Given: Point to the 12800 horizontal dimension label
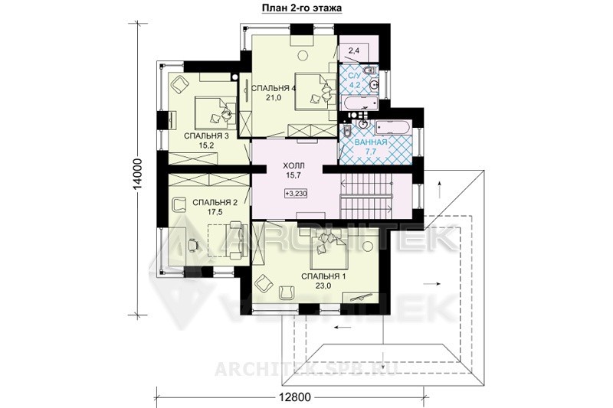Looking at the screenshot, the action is [x=295, y=398].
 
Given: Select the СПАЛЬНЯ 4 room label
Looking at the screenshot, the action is [x=274, y=88].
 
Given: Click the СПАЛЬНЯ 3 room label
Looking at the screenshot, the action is [x=205, y=135].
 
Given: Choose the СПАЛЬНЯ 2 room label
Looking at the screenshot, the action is [x=215, y=203].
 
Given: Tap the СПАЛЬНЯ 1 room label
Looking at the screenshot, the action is [x=323, y=276].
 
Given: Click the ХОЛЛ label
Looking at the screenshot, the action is [x=293, y=165].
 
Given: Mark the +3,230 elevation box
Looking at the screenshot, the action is [x=296, y=193].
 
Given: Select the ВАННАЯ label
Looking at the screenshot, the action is [x=371, y=142].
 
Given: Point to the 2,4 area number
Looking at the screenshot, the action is [x=353, y=51].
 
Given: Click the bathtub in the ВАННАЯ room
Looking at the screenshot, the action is [x=392, y=128].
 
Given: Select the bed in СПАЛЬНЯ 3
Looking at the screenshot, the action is [x=215, y=113].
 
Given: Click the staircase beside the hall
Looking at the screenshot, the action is [x=366, y=195].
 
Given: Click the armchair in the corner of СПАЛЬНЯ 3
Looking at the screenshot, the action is [x=179, y=83].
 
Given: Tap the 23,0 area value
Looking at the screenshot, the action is [x=323, y=286].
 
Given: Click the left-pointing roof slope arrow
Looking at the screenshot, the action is [x=339, y=328].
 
